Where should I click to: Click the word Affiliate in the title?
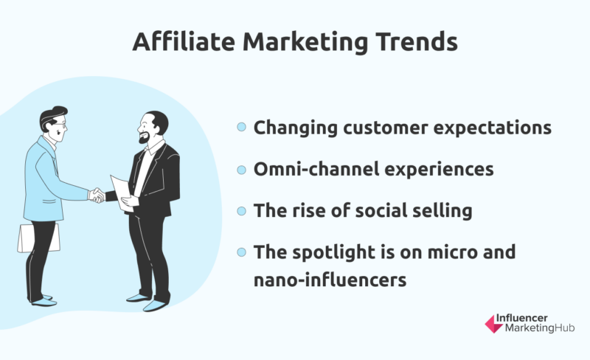pos(184,41)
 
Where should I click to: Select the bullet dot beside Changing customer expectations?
pos(242,127)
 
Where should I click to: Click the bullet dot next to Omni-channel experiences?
pos(242,170)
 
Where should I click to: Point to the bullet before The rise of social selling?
pos(242,211)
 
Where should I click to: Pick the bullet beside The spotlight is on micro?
pos(242,252)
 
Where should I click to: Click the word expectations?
pos(493,128)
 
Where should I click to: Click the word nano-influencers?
pos(330,280)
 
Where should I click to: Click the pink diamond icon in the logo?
pos(493,325)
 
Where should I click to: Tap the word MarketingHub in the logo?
pos(540,328)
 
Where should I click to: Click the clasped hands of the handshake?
pos(97,195)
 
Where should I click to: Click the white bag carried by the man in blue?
pos(38,238)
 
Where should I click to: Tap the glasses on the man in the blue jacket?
pos(60,123)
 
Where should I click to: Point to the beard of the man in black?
pos(145,138)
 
